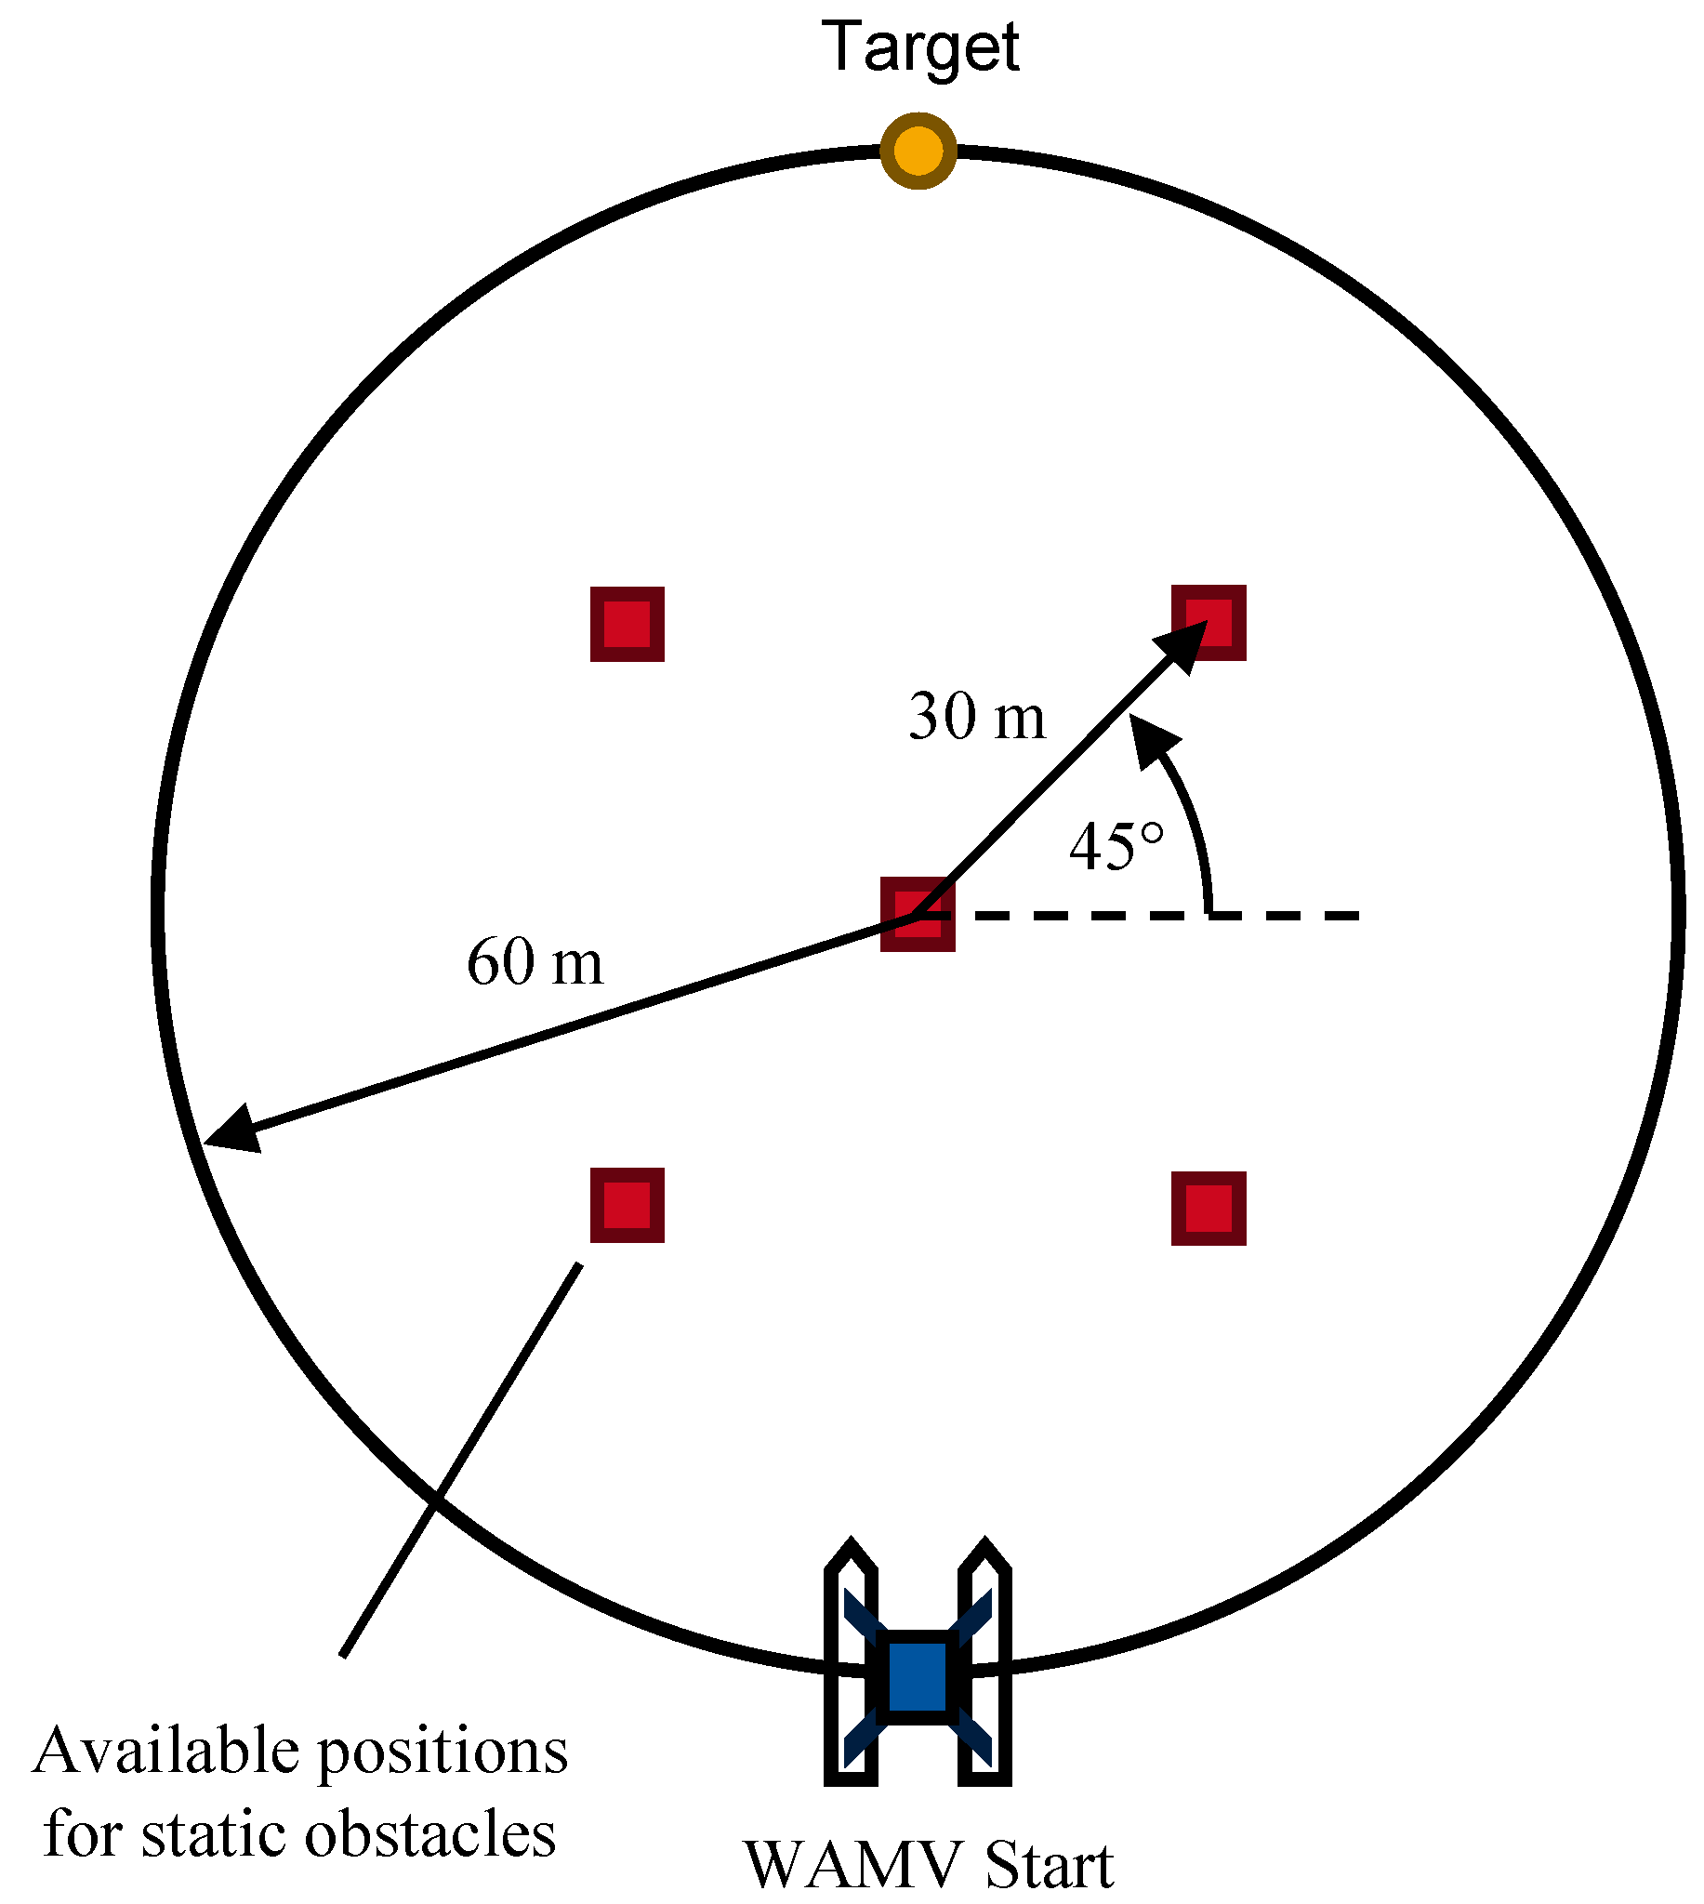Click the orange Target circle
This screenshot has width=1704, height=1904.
click(918, 151)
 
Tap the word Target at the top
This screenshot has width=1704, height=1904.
click(920, 46)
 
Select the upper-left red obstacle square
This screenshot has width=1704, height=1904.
click(627, 625)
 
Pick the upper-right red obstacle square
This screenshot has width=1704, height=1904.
click(1209, 623)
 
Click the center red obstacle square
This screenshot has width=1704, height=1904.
click(918, 915)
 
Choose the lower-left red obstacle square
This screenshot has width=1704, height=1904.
click(627, 1205)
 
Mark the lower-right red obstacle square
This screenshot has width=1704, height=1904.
click(1209, 1208)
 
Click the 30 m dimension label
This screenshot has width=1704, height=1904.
click(976, 718)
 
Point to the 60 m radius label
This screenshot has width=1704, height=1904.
click(535, 962)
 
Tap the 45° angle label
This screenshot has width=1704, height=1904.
click(1116, 847)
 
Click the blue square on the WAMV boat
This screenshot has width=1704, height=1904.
click(918, 1678)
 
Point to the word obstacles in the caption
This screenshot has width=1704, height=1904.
click(430, 1833)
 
